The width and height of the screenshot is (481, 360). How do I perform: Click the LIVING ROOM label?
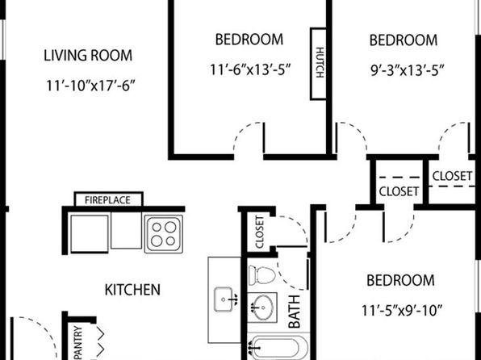(x=88, y=56)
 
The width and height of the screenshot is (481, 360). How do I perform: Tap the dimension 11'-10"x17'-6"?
(x=90, y=86)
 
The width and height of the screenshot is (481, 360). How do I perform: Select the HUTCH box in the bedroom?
(x=319, y=64)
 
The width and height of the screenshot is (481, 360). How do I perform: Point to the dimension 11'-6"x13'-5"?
(x=250, y=69)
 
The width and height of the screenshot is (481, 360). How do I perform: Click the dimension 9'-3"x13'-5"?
(x=408, y=70)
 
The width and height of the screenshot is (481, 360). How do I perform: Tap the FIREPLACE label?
(x=107, y=200)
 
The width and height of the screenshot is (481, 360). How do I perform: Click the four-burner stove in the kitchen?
(x=164, y=234)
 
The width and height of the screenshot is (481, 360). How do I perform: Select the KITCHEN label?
(x=132, y=290)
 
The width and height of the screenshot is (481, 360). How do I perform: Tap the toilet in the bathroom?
(x=262, y=275)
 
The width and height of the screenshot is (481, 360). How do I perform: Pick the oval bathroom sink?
(x=263, y=307)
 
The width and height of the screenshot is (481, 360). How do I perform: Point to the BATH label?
(x=295, y=312)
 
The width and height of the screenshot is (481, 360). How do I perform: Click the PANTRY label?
(x=78, y=342)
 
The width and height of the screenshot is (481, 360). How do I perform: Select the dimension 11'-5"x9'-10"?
(x=402, y=311)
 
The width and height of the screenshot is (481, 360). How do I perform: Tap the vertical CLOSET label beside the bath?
(x=260, y=232)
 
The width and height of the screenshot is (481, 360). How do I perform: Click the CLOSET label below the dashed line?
(x=399, y=191)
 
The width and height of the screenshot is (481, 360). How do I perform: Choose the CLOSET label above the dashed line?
(x=452, y=176)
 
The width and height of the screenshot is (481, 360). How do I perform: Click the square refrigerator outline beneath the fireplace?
(x=90, y=234)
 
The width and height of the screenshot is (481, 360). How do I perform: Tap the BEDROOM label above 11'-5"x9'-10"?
(x=400, y=281)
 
